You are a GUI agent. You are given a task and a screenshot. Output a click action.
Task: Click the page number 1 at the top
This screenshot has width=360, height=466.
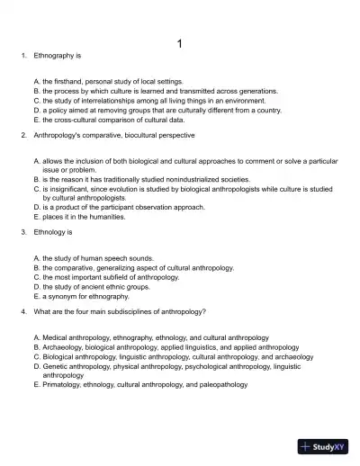point(180,43)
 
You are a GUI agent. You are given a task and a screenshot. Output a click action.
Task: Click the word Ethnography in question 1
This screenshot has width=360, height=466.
point(53,56)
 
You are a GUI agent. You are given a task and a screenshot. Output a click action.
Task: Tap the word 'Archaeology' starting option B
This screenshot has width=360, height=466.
point(62,346)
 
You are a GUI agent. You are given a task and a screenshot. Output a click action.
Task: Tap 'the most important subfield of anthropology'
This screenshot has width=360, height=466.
point(111,277)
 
